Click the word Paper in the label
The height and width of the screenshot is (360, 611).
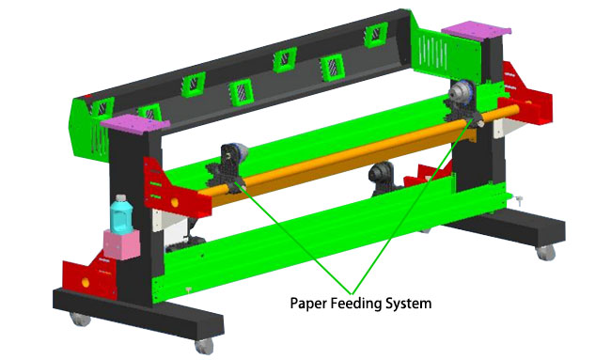click(308, 304)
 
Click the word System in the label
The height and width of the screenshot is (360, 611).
click(408, 304)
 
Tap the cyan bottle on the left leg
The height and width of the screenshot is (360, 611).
click(121, 213)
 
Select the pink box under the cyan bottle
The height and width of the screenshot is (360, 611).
click(121, 244)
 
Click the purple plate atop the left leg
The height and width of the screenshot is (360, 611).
click(134, 123)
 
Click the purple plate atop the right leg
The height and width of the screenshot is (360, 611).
click(477, 32)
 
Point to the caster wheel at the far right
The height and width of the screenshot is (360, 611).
click(545, 253)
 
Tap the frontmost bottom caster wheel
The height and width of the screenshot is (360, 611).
click(204, 346)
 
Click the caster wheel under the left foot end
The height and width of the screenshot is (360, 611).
click(81, 319)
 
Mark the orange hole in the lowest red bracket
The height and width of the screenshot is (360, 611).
click(86, 282)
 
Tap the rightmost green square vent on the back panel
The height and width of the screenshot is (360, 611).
click(376, 35)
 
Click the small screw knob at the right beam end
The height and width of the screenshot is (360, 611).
click(519, 200)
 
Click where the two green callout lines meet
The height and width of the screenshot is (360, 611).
click(352, 293)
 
